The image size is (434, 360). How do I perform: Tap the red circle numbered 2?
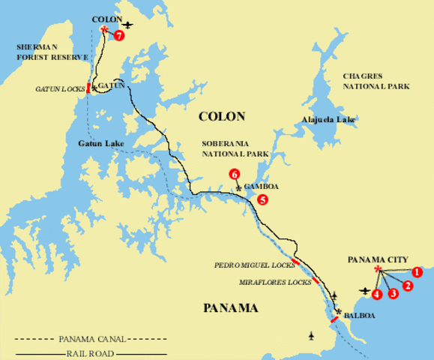click(408, 285)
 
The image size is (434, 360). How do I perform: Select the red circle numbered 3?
click(393, 293)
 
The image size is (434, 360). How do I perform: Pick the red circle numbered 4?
click(377, 293)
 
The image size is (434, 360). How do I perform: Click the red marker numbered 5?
click(262, 199)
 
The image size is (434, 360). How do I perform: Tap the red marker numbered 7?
click(119, 34)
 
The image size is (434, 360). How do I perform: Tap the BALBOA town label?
click(359, 316)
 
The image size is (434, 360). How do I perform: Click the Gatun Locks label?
click(60, 89)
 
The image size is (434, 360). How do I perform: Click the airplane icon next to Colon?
click(128, 25)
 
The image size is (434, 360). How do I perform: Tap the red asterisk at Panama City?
click(378, 269)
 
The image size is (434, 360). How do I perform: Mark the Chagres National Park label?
click(376, 81)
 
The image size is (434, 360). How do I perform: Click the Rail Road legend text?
click(89, 352)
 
